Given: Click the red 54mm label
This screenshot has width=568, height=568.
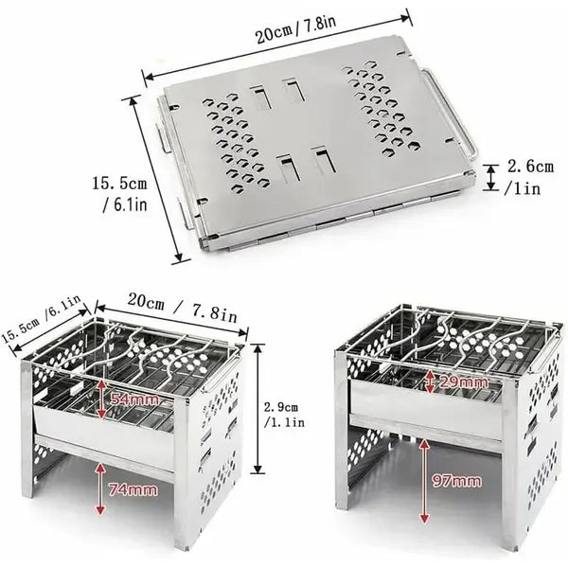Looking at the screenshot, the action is [x=134, y=399].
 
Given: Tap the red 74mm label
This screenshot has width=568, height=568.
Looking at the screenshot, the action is [x=133, y=489].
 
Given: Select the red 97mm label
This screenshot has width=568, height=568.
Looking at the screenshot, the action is [x=457, y=481].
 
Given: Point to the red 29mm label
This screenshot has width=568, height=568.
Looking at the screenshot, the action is [x=463, y=382].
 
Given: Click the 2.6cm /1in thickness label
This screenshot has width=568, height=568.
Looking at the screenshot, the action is [x=527, y=177].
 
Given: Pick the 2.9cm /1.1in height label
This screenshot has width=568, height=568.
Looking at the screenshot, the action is [x=284, y=415].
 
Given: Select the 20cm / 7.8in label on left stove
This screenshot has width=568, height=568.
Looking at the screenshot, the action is [x=182, y=307].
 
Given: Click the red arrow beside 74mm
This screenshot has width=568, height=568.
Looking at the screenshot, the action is [x=100, y=488].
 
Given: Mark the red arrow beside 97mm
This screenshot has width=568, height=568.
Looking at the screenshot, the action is [x=425, y=481].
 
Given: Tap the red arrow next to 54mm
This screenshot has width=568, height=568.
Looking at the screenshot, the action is [x=101, y=398].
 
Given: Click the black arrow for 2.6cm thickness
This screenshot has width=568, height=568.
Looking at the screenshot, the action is [x=491, y=177].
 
